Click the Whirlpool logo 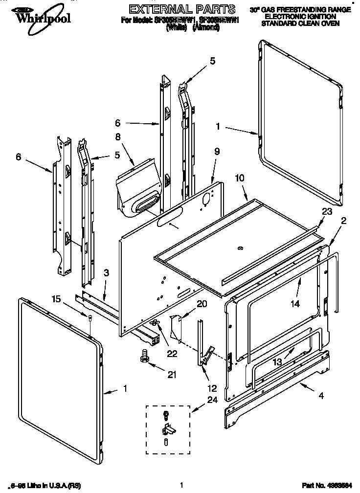click(36, 16)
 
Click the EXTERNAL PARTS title click(176, 9)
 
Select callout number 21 click(171, 375)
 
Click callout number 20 click(202, 304)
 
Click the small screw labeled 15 click(91, 319)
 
